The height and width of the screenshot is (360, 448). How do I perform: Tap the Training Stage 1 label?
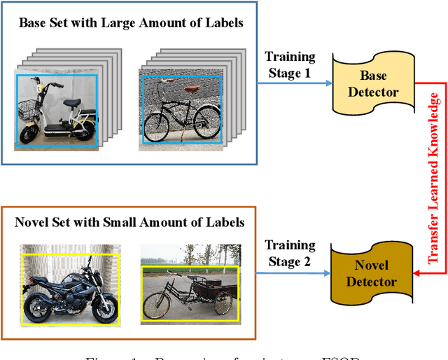tap(289, 65)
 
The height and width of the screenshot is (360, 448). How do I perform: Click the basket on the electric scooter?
tap(29, 108)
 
